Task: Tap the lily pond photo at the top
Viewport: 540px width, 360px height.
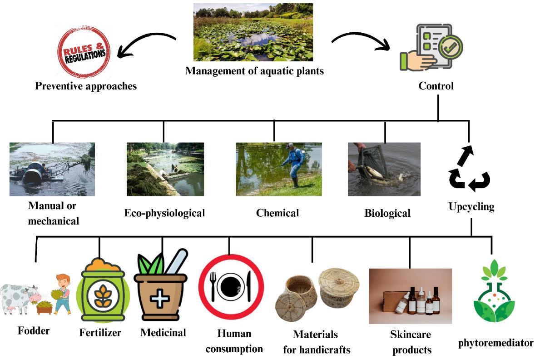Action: point(253,32)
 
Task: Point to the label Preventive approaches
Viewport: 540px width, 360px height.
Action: point(86,85)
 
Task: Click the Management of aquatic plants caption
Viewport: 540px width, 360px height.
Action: point(254,71)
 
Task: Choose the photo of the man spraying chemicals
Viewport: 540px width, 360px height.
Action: point(279,169)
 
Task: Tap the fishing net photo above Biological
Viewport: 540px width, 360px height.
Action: point(384,169)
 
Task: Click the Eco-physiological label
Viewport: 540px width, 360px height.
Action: point(165,213)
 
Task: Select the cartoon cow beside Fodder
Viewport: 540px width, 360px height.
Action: point(18,299)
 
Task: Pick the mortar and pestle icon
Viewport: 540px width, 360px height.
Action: point(161,286)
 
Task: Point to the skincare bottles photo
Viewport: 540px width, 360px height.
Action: point(410,296)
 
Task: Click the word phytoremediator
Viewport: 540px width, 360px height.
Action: point(495,343)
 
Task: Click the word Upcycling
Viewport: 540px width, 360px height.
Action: point(471,207)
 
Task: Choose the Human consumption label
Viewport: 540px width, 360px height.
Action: point(234,341)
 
